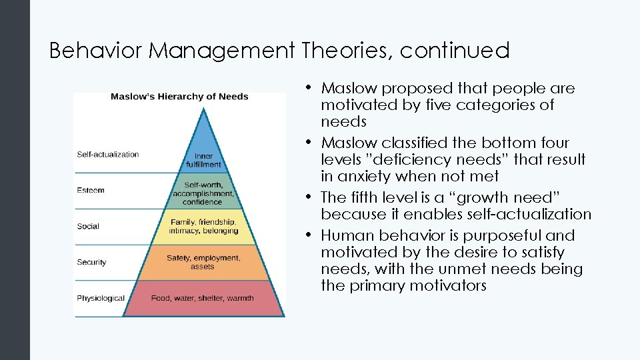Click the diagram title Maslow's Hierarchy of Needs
pyautogui.click(x=179, y=96)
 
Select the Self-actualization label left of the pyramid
pyautogui.click(x=108, y=155)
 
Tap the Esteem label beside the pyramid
pyautogui.click(x=91, y=190)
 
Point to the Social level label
pyautogui.click(x=88, y=226)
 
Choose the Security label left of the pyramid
pyautogui.click(x=91, y=262)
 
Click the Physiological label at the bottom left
pyautogui.click(x=101, y=298)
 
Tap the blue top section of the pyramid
pyautogui.click(x=203, y=153)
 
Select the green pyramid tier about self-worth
pyautogui.click(x=203, y=193)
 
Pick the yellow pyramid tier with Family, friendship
pyautogui.click(x=203, y=227)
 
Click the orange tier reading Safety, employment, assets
pyautogui.click(x=203, y=262)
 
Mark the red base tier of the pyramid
pyautogui.click(x=203, y=298)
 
